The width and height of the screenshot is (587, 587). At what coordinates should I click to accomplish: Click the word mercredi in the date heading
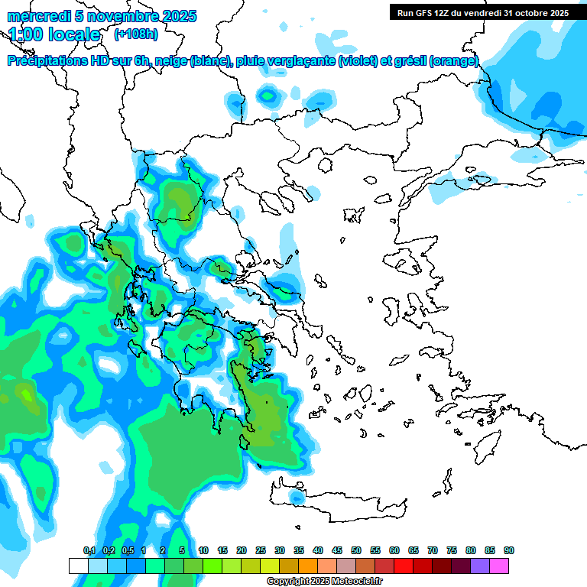pyautogui.click(x=34, y=16)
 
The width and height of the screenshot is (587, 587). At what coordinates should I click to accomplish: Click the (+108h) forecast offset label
pyautogui.click(x=136, y=34)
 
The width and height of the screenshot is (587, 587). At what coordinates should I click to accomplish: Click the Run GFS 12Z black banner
pyautogui.click(x=482, y=12)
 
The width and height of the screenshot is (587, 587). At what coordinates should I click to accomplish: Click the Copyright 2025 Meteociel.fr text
pyautogui.click(x=324, y=582)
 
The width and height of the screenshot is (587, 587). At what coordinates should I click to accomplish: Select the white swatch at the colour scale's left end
pyautogui.click(x=79, y=566)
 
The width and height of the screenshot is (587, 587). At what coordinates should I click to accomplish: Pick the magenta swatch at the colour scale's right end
pyautogui.click(x=500, y=566)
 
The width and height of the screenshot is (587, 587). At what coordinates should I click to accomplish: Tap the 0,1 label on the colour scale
pyautogui.click(x=89, y=550)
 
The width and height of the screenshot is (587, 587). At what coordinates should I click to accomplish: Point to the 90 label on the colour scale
pyautogui.click(x=509, y=550)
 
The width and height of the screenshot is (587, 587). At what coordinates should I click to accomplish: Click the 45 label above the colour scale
pyautogui.click(x=337, y=550)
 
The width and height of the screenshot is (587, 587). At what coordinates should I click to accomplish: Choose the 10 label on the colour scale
pyautogui.click(x=203, y=550)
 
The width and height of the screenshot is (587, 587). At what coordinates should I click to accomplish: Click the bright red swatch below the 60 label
pyautogui.click(x=404, y=566)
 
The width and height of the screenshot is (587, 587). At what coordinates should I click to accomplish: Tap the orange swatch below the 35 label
pyautogui.click(x=308, y=566)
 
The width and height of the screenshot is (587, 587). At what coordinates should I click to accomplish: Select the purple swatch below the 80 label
pyautogui.click(x=480, y=566)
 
